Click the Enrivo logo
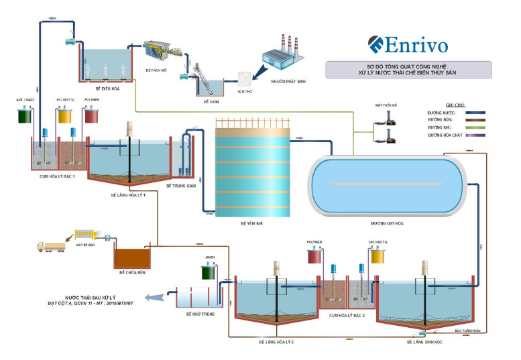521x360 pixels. pos(408,44)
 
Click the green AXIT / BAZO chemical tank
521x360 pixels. pos(26,115)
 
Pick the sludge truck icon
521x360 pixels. pos(50,247)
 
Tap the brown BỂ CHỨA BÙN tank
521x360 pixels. pos(133,257)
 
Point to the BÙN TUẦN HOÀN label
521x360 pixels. pos(467,330)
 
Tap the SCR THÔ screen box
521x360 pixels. pos(244,79)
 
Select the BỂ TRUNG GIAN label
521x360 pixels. pos(181,185)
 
